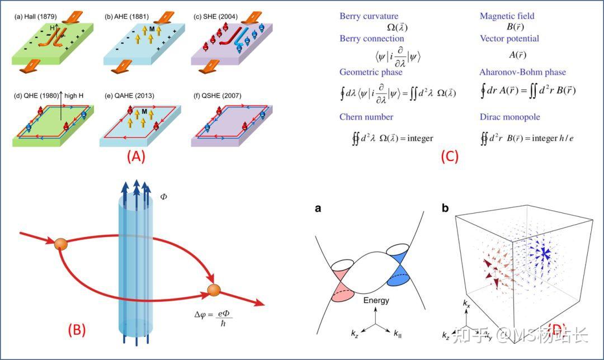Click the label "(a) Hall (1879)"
pos(35,17)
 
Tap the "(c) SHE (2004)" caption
pos(215,17)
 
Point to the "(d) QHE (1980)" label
pos(36,96)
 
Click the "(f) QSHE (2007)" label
pos(217,96)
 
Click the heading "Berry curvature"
pos(369,16)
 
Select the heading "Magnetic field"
pos(507,16)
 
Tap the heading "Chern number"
pos(366,117)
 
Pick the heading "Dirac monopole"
pos(509,117)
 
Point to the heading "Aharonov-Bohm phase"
pos(522,72)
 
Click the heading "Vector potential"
pos(509,39)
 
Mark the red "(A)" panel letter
pos(136,156)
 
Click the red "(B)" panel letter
pos(76,330)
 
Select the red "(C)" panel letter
pos(450,156)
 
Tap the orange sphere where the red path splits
pos(61,244)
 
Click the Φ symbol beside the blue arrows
pos(164,197)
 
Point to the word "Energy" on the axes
pos(376,300)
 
